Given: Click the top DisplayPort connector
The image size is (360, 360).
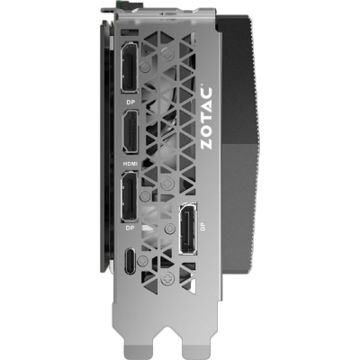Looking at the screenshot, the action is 130,67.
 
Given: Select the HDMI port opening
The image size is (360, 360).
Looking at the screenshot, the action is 130,132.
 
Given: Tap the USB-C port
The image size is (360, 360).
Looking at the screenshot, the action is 130,260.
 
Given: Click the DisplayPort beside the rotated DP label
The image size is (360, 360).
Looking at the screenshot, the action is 188,229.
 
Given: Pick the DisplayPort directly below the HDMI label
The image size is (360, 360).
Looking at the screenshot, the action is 130,196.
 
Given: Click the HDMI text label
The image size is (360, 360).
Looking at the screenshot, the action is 130,164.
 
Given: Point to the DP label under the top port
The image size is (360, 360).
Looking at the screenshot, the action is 130,103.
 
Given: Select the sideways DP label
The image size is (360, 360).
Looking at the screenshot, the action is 203,227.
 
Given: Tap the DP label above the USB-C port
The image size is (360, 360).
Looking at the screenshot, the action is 130,228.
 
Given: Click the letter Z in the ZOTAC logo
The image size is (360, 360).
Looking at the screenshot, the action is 206,143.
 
